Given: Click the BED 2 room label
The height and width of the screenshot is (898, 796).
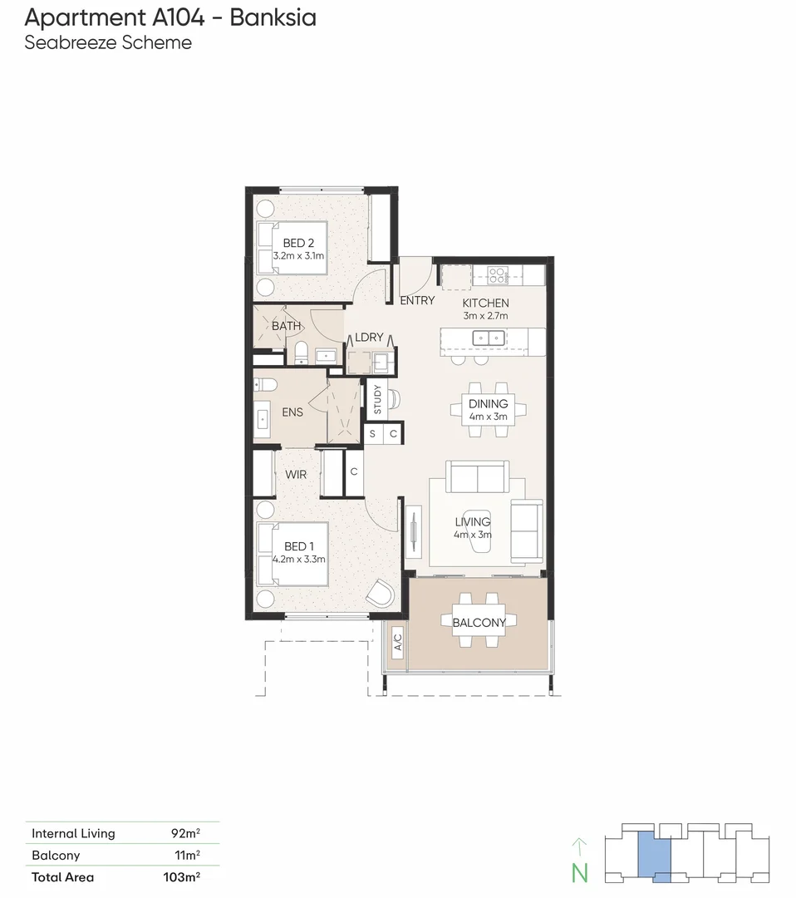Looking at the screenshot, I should pos(297,243).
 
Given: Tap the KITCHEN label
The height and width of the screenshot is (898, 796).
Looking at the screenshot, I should pos(485,303).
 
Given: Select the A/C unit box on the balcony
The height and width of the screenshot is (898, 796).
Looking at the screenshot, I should pos(397,642).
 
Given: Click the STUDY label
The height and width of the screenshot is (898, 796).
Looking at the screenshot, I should pos(377,400).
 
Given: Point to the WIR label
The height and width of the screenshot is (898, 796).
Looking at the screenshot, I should pos(296,474).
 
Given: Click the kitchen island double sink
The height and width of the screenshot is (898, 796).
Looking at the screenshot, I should pos(485,338).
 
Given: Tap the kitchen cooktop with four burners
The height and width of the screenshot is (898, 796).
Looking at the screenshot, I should pos(498,274).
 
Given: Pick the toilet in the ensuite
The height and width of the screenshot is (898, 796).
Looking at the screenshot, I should pos(266,385).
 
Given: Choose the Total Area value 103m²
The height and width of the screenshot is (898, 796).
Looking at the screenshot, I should pos(180,876).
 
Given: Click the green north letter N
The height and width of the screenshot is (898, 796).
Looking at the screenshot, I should pos(579,873).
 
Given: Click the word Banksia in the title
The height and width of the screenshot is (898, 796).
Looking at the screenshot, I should pos(273,17).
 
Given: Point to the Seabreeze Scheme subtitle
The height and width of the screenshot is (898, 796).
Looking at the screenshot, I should pos(108,42).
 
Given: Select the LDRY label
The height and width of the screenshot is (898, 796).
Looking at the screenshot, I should pos(369,337).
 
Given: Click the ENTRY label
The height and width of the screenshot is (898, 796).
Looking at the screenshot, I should pos(417,300).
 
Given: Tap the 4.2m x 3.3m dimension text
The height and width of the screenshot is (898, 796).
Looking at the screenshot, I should pos(298,560).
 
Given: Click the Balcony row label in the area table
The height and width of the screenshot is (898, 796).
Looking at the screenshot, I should pos(56,855).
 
